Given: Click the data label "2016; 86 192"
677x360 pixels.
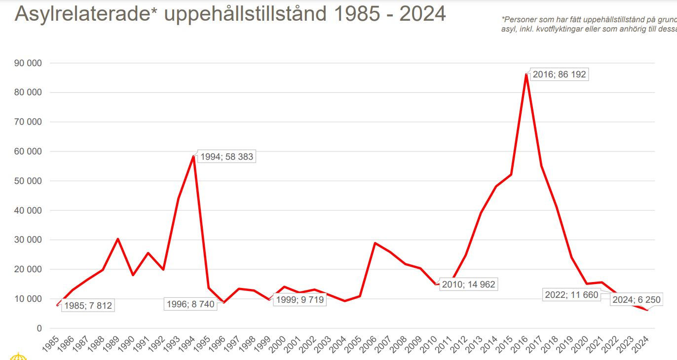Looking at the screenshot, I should pyautogui.click(x=559, y=75).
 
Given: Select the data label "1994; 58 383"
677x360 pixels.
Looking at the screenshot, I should pyautogui.click(x=226, y=157).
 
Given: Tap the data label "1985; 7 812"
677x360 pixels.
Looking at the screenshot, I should pyautogui.click(x=87, y=306).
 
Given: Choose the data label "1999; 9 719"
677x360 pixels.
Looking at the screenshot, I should pyautogui.click(x=300, y=299).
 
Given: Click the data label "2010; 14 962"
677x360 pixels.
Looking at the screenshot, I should pyautogui.click(x=468, y=285).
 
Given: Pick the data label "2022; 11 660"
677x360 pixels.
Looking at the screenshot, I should pyautogui.click(x=571, y=295).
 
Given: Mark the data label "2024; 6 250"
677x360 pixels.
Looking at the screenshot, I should pyautogui.click(x=636, y=299).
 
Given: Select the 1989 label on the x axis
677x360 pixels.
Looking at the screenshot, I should pyautogui.click(x=113, y=344).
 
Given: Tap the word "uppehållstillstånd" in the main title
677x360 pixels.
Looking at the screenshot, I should pyautogui.click(x=245, y=14).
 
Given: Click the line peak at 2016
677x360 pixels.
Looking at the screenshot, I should pyautogui.click(x=527, y=74).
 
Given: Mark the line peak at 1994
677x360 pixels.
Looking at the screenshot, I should pyautogui.click(x=193, y=156).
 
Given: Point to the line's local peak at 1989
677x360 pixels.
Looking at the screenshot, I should pyautogui.click(x=118, y=239).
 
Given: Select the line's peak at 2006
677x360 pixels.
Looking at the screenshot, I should pyautogui.click(x=375, y=243).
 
